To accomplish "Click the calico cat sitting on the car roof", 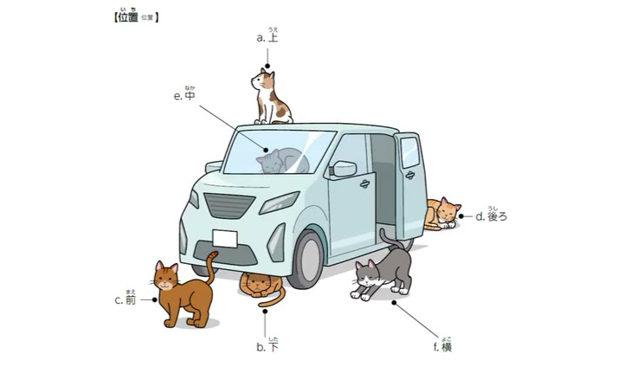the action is [x=271, y=99].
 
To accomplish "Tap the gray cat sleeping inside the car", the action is [x=282, y=161].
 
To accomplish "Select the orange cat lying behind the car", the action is [x=441, y=214].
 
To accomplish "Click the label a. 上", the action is [x=267, y=35].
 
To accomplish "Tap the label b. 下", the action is [x=267, y=345].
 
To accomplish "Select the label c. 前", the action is [x=126, y=299].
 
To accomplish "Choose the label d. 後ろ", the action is [x=491, y=215].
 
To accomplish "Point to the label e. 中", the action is [x=184, y=93].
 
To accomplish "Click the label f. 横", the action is [x=442, y=345].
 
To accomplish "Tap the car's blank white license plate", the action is [x=225, y=239].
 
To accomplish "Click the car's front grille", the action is [x=229, y=205].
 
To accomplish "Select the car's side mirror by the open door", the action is [x=344, y=169].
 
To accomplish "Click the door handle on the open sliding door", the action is [x=410, y=175].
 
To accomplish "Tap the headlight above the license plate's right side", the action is [x=280, y=203].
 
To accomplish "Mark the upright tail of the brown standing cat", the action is [x=212, y=267].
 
